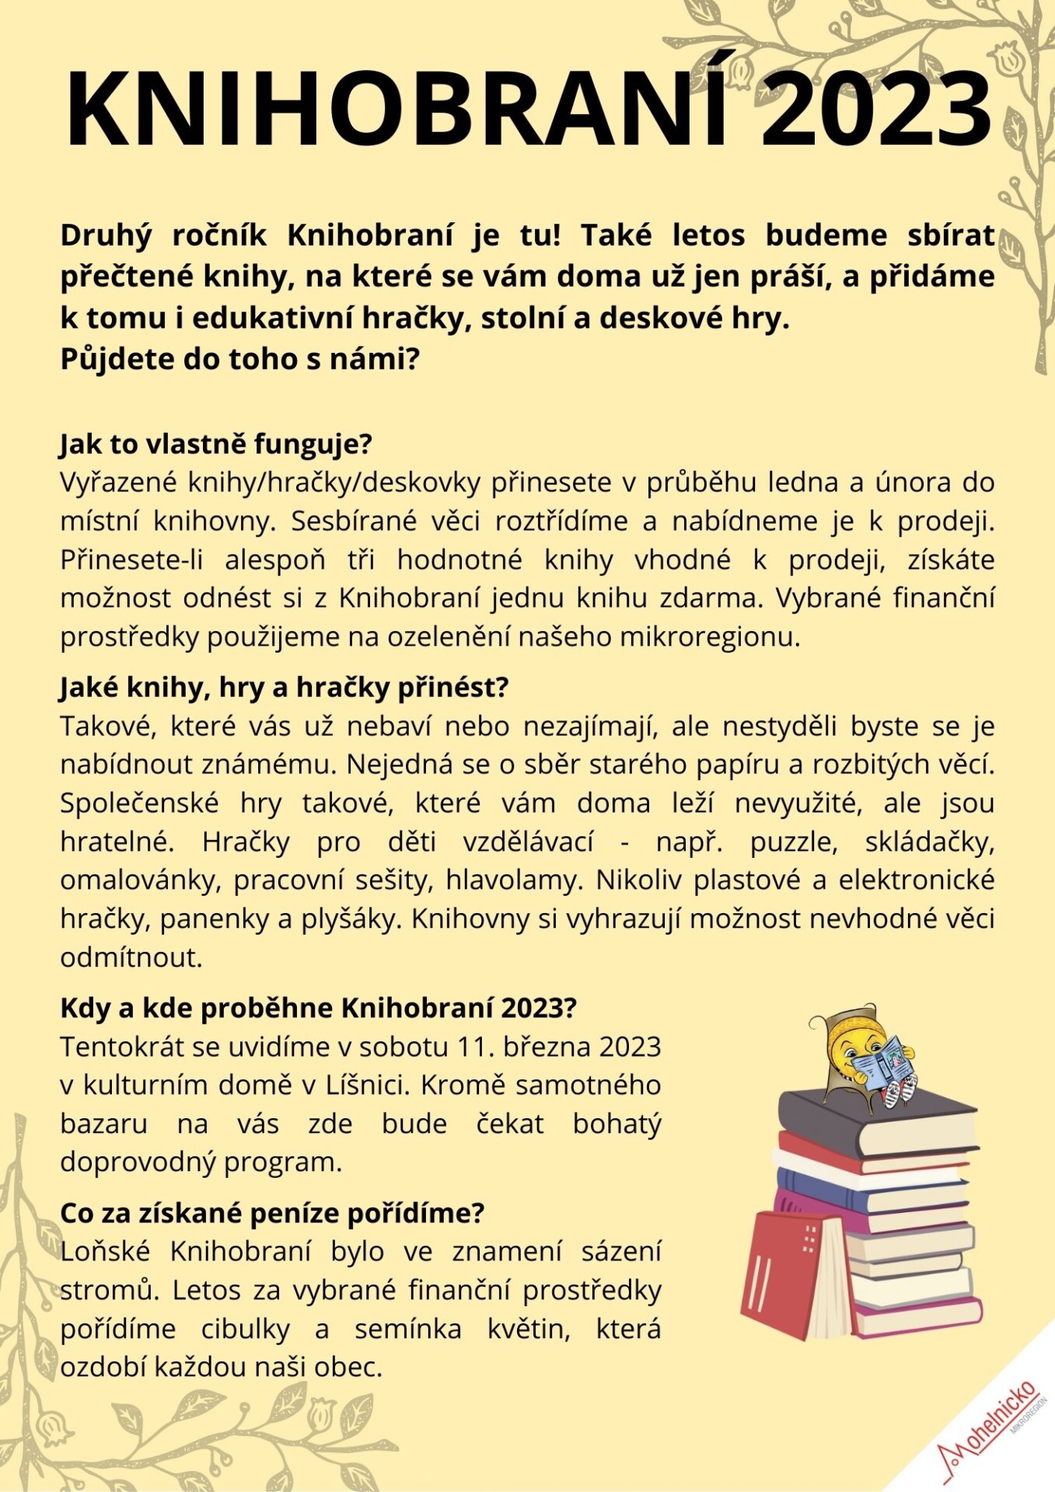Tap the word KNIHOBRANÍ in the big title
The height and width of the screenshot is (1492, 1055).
pos(396,109)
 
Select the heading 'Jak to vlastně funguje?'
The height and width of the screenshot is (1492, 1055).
pos(216,444)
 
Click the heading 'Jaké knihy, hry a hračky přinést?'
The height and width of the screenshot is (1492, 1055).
pos(284,688)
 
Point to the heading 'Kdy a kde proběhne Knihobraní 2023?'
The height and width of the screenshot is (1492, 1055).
pos(318,1008)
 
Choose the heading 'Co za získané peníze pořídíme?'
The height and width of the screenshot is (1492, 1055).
pos(272,1213)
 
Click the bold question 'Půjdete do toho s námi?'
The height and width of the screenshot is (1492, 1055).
pos(239,359)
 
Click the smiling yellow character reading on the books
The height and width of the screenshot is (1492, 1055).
pos(863,1057)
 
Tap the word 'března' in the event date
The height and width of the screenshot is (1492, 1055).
pos(548,1047)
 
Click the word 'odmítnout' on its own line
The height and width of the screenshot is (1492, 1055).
pos(131,957)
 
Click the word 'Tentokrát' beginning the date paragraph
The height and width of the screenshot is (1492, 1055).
pos(121,1047)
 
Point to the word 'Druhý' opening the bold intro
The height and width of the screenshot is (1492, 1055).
pos(107,235)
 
